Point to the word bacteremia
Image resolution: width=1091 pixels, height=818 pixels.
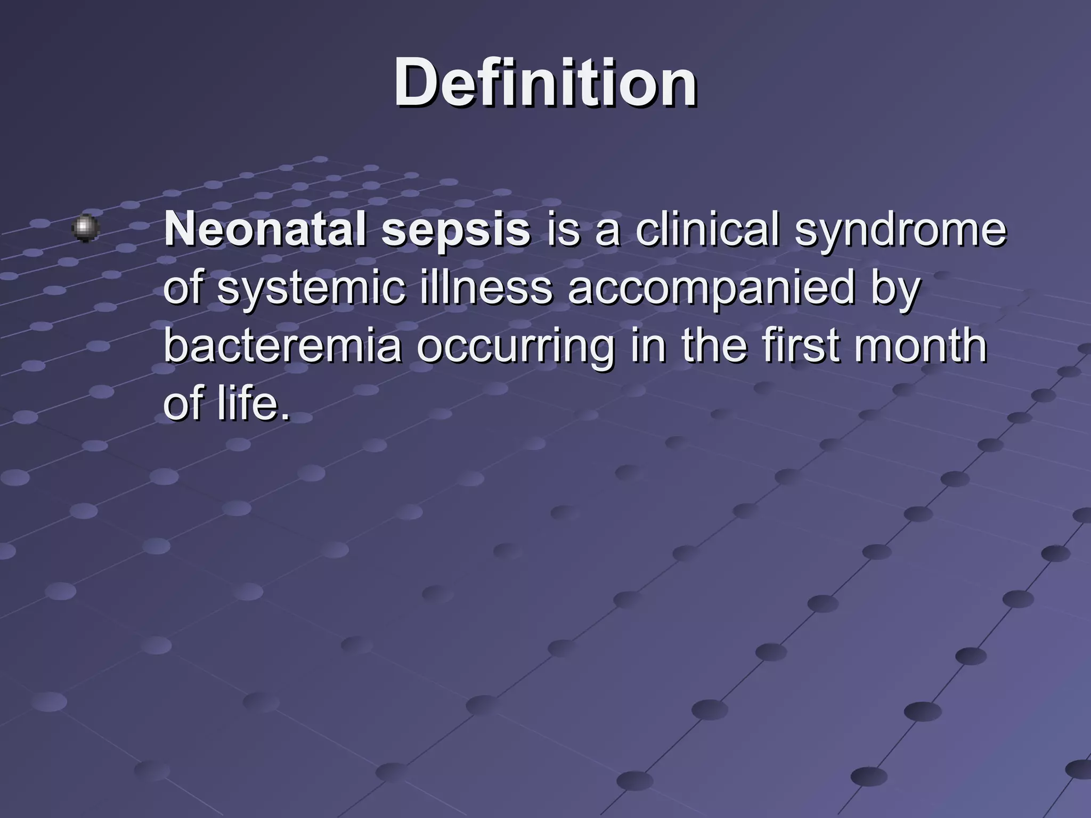coord(282,346)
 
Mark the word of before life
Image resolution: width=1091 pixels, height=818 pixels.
coord(184,403)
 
